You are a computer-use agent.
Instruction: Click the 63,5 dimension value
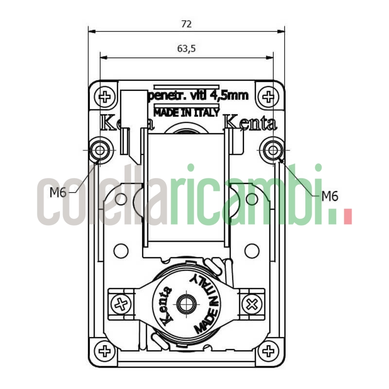[x=186, y=49]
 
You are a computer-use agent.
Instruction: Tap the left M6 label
[x=58, y=193]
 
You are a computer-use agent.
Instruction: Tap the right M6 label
[x=330, y=196]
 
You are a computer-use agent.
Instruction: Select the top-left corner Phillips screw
[x=105, y=96]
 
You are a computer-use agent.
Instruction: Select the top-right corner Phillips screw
[x=267, y=96]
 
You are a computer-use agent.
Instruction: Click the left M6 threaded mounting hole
[x=100, y=150]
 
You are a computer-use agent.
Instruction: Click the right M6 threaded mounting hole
[x=272, y=150]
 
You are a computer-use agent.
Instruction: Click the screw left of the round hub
[x=121, y=305]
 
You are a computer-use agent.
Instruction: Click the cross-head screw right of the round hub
[x=252, y=305]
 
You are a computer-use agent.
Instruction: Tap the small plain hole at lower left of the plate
[x=121, y=251]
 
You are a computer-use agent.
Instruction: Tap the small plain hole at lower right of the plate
[x=251, y=251]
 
